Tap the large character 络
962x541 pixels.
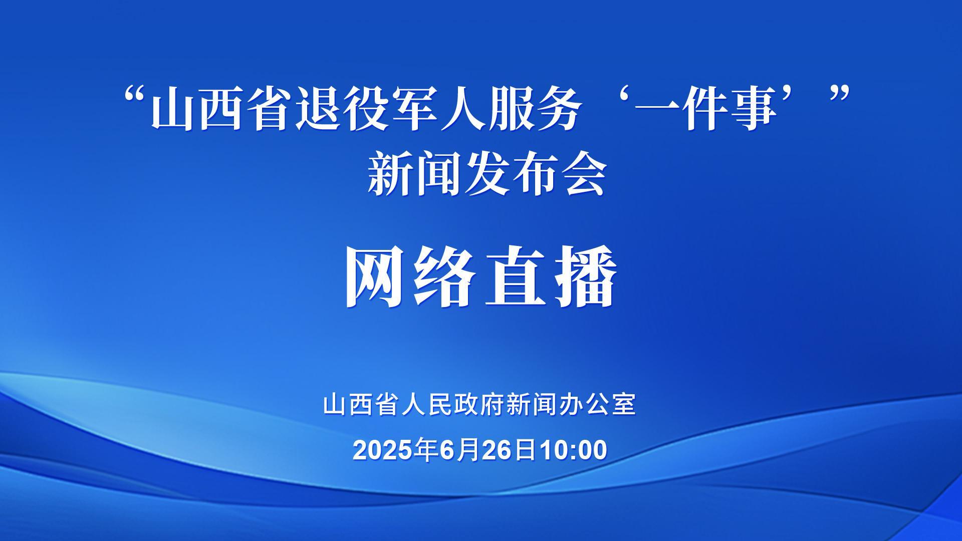tap(445, 276)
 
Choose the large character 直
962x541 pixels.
tap(516, 276)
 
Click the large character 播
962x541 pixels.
tap(585, 276)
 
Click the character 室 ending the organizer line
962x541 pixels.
tap(624, 405)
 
